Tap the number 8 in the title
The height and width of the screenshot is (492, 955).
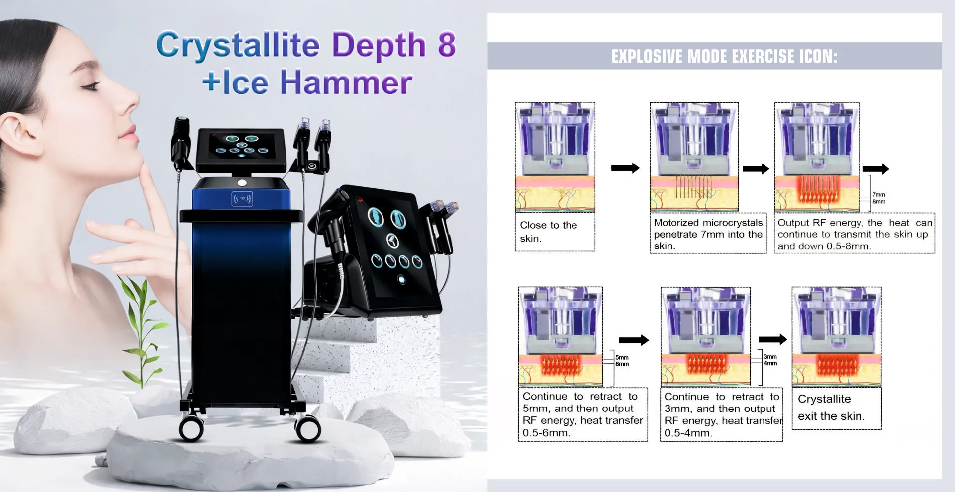click(447, 44)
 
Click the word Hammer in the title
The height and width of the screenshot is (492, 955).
click(346, 82)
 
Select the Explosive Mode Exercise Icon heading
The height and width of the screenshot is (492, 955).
click(724, 56)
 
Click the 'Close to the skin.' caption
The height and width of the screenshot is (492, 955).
click(548, 232)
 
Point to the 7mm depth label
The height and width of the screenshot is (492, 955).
click(879, 195)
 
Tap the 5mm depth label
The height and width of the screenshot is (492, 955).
click(622, 357)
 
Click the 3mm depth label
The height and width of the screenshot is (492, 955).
click(770, 357)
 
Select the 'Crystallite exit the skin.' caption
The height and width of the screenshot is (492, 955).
click(831, 408)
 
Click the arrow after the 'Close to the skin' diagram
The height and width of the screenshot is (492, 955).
click(625, 168)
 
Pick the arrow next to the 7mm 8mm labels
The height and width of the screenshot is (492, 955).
click(875, 169)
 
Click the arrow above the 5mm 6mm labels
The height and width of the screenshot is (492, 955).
click(634, 340)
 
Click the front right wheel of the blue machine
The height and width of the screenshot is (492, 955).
click(308, 428)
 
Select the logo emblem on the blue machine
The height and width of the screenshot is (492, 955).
click(242, 199)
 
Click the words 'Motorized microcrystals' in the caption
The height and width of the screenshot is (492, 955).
click(708, 223)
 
